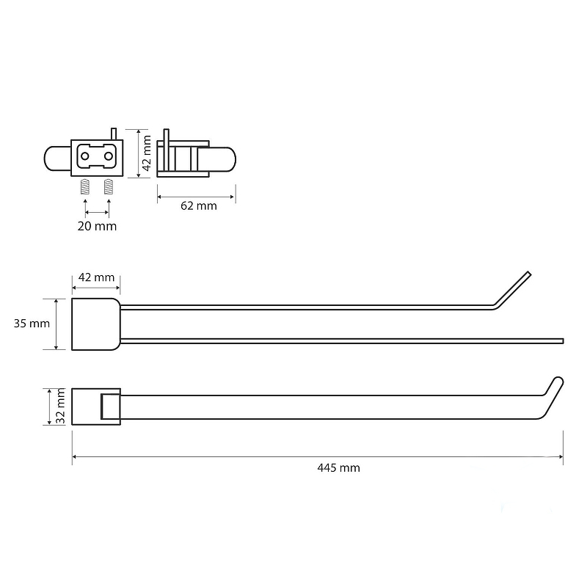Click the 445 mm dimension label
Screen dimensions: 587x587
(x=338, y=468)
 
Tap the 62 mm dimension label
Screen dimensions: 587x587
(x=198, y=206)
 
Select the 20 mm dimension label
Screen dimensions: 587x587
(x=97, y=226)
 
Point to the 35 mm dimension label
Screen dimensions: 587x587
(x=32, y=324)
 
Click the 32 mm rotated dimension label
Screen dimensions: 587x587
(x=60, y=406)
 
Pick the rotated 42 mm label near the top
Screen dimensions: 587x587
(x=147, y=153)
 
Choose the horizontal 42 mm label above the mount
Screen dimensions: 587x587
(x=96, y=277)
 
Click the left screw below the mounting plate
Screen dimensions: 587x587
(x=85, y=187)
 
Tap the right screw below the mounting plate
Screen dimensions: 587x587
(x=109, y=187)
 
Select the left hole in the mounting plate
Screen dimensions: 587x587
(x=85, y=156)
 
